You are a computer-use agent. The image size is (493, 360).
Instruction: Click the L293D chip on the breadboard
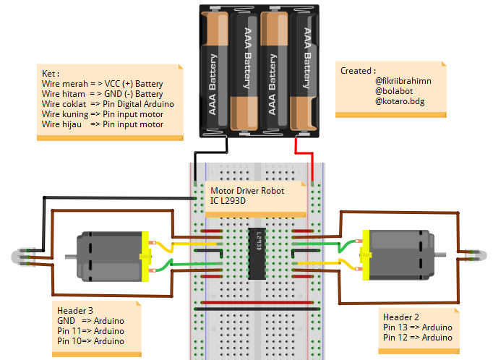(256, 253)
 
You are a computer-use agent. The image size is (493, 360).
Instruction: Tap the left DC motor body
(108, 256)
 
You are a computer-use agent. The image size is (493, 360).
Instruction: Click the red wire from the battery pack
(306, 153)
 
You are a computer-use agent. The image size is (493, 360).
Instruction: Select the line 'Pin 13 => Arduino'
(418, 327)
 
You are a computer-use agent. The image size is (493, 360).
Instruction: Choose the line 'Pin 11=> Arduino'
(90, 330)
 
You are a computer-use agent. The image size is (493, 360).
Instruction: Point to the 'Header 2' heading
(401, 317)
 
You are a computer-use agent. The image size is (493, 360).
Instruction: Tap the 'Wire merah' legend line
(102, 84)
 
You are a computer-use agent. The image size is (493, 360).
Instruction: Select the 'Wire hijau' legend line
(102, 124)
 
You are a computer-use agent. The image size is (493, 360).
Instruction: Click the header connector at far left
(22, 257)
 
